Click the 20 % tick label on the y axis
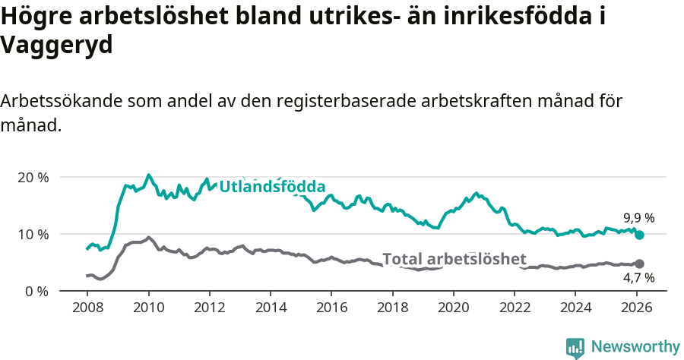pos(33,177)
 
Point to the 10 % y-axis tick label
pos(33,234)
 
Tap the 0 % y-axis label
pos(36,291)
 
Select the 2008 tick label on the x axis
pos(87,309)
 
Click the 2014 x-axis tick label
pos(270,309)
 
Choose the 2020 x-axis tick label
pos(453,309)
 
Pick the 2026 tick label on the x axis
pos(636,309)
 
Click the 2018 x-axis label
pos(392,309)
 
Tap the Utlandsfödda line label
pos(272,187)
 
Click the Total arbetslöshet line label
pos(454,259)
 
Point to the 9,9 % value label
pos(638,218)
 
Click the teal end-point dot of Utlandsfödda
pos(640,235)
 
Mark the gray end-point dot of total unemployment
pos(639,264)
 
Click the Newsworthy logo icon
pos(575,348)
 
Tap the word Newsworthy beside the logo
pos(635,347)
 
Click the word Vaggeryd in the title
pos(57,46)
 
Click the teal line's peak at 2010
pos(148,175)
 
